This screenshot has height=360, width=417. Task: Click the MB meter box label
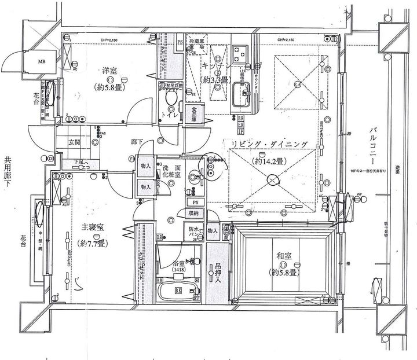tap(42, 60)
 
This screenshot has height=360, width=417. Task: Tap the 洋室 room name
tap(110, 71)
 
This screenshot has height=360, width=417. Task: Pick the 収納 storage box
tap(194, 213)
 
